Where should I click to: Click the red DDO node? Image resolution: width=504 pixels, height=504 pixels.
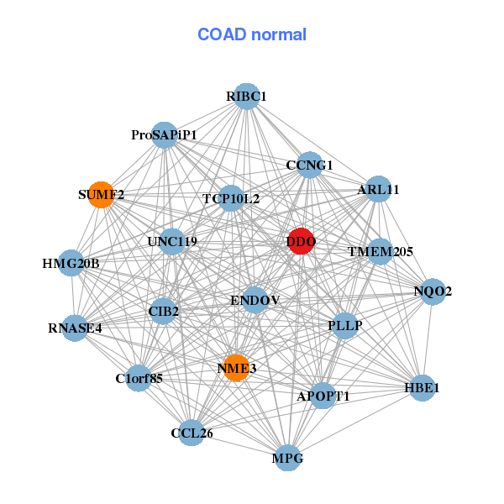click(301, 242)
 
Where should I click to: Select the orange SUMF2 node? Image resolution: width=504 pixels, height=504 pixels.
click(102, 195)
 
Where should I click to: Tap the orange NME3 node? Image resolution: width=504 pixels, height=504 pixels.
click(237, 368)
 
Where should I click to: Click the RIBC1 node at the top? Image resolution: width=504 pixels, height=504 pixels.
click(246, 97)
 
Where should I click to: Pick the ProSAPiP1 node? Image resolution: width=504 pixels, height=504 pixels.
click(165, 135)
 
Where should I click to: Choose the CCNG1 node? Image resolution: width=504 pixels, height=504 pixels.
click(310, 165)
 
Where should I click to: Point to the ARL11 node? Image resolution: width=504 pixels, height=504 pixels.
click(378, 190)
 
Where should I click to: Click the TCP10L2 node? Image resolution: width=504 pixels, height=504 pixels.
click(231, 199)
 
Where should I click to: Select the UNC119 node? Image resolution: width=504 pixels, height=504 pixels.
click(172, 242)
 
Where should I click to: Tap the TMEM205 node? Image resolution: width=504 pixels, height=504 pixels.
click(381, 250)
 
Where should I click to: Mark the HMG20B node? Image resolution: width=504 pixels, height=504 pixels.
click(71, 264)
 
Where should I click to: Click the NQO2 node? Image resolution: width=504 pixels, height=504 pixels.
click(433, 292)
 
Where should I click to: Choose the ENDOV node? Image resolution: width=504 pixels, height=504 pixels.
click(255, 300)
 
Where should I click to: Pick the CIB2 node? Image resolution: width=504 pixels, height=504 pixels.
click(164, 312)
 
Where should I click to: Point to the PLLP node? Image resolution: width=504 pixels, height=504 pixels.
click(345, 324)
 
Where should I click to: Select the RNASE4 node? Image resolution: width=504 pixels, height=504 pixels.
click(75, 328)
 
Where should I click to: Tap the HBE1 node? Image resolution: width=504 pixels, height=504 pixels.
click(422, 388)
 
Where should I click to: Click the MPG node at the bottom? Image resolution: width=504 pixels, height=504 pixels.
click(288, 458)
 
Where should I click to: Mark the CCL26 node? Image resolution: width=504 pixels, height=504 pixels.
click(192, 433)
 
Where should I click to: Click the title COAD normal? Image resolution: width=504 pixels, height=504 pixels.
click(252, 35)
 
